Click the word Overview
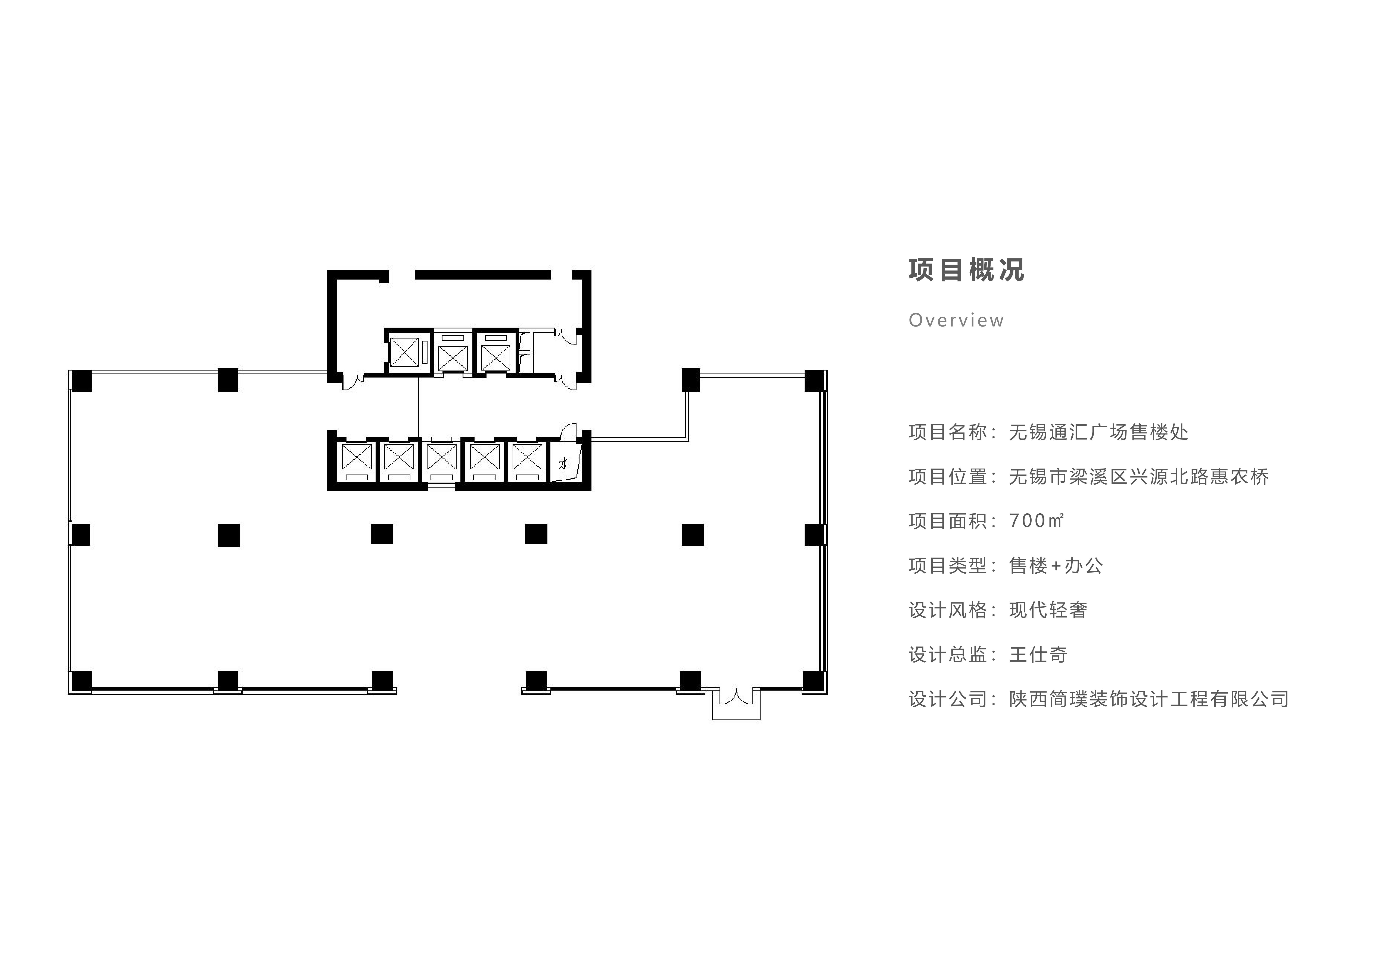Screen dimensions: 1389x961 (956, 320)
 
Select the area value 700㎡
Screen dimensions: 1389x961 (1037, 520)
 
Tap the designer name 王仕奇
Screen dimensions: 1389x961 (1038, 655)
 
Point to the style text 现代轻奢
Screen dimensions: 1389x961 (1048, 610)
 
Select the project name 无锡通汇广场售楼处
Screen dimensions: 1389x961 (1099, 432)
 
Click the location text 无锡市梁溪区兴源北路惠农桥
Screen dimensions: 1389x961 (1139, 476)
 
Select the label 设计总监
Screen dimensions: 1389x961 (948, 655)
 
